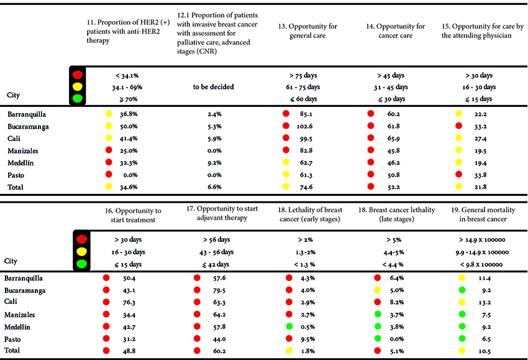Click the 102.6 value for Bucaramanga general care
click(306, 127)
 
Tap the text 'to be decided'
click(213, 87)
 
